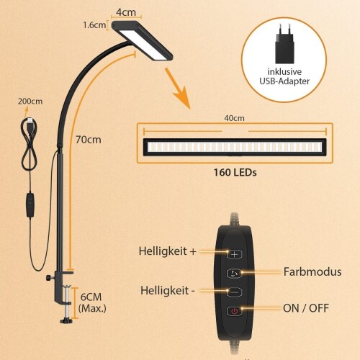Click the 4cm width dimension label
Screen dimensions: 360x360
(x=126, y=12)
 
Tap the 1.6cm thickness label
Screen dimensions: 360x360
(x=94, y=25)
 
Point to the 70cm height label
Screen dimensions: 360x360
(x=89, y=140)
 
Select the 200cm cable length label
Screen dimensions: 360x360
(x=30, y=102)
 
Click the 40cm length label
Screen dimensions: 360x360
(x=234, y=118)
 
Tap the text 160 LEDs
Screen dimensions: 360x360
(x=235, y=172)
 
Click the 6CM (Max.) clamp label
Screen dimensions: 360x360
(x=92, y=302)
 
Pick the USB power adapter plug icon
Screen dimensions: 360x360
(x=284, y=44)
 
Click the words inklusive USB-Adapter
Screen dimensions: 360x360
(x=284, y=76)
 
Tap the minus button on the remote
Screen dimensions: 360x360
(x=234, y=292)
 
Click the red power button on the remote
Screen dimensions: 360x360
(x=234, y=311)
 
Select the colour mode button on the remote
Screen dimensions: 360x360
(x=234, y=273)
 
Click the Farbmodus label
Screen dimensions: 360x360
(x=312, y=272)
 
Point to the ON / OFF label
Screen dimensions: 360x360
(x=306, y=308)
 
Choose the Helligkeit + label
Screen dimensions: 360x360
(x=168, y=251)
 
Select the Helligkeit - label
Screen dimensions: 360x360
(x=168, y=290)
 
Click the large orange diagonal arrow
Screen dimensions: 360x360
(x=178, y=89)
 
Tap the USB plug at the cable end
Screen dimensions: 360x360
(x=30, y=123)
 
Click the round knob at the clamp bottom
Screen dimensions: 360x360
(x=66, y=320)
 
